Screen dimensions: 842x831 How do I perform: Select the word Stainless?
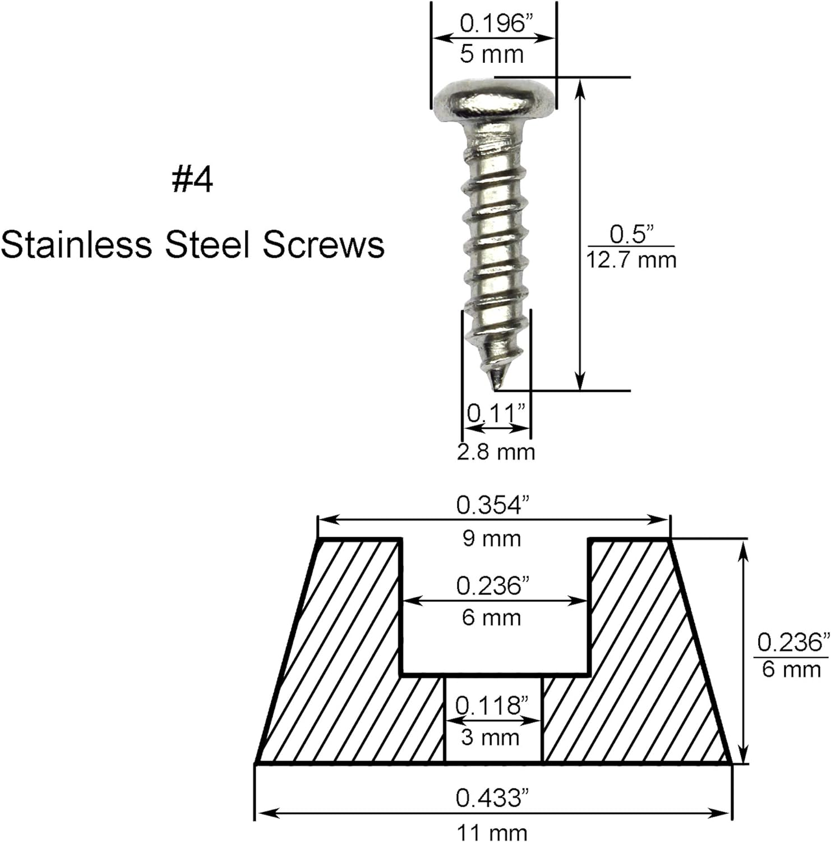click(76, 245)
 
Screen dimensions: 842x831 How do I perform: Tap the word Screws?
click(324, 245)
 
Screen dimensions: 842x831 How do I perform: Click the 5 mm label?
click(492, 54)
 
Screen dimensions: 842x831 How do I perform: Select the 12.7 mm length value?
click(631, 260)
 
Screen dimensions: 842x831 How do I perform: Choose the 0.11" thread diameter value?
click(496, 414)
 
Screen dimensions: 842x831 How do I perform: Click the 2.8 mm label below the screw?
click(496, 451)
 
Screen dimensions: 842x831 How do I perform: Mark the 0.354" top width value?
click(492, 505)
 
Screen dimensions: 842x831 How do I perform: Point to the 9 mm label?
click(491, 539)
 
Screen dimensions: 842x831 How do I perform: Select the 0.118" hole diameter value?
click(491, 705)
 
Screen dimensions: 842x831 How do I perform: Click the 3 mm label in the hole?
click(490, 737)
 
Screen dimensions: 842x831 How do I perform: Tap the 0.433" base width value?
click(492, 798)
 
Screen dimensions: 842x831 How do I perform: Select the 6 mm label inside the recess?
click(491, 618)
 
